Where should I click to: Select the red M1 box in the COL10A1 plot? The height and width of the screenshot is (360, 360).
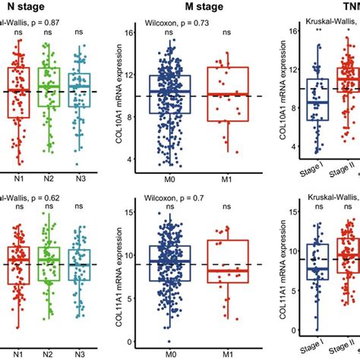click(227, 94)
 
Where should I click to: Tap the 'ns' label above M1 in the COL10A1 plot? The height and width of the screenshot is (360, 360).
click(227, 33)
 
